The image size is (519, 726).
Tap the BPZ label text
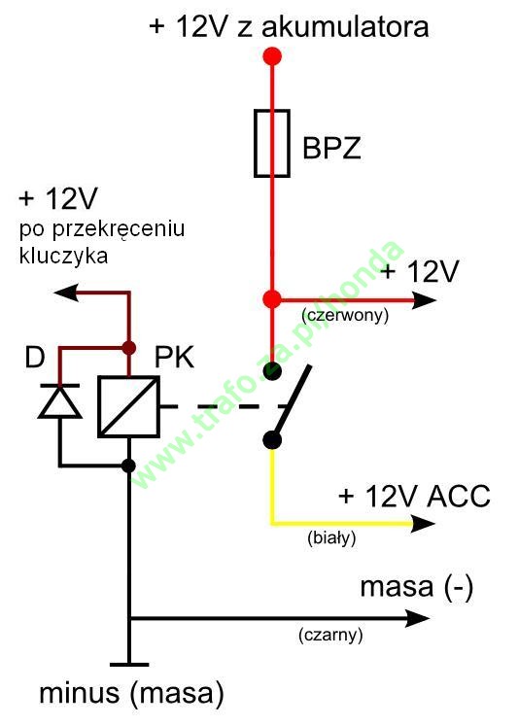click(x=331, y=148)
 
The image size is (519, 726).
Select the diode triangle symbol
click(x=59, y=401)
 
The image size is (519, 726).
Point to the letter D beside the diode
click(x=35, y=357)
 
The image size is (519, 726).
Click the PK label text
click(x=174, y=357)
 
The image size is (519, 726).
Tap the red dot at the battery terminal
click(x=272, y=56)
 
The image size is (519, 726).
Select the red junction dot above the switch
click(x=272, y=299)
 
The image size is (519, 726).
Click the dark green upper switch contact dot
click(x=272, y=371)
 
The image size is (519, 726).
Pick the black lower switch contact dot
click(x=272, y=440)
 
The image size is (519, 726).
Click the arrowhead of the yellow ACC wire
click(x=423, y=524)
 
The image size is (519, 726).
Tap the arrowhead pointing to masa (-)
click(x=418, y=618)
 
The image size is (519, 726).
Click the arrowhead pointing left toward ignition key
click(x=66, y=293)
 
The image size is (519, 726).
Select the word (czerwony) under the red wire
click(x=345, y=315)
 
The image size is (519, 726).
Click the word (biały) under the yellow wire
click(x=331, y=538)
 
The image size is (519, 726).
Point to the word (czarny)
click(x=330, y=635)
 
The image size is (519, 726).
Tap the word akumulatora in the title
click(x=345, y=26)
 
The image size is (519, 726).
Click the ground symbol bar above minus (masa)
click(x=129, y=665)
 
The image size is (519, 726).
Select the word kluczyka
click(x=63, y=256)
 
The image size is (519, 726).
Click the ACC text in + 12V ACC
click(x=459, y=497)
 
